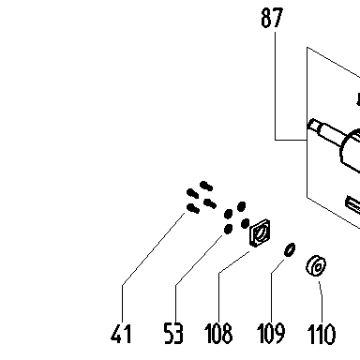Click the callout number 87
click(x=272, y=18)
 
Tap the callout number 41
click(x=121, y=334)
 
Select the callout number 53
click(x=173, y=334)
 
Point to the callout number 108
click(x=218, y=334)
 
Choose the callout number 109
click(x=271, y=334)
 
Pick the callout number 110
click(x=322, y=334)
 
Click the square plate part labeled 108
click(x=260, y=232)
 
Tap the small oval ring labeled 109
click(x=290, y=249)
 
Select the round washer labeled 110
click(x=316, y=266)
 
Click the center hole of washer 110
click(x=318, y=267)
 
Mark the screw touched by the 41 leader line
click(x=193, y=208)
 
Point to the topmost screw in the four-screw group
click(x=206, y=186)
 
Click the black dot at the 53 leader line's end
click(x=228, y=229)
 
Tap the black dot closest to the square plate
click(x=246, y=223)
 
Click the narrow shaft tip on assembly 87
click(x=313, y=126)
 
